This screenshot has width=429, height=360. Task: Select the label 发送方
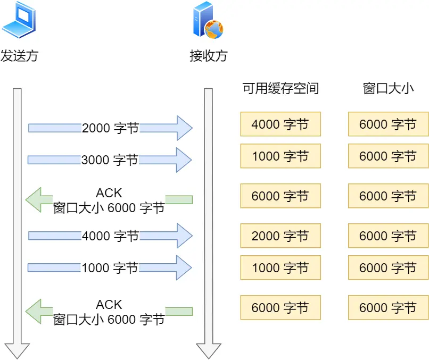[x=19, y=56]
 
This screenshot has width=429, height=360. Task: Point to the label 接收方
[x=208, y=56]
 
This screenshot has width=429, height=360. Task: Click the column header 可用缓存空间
[x=280, y=88]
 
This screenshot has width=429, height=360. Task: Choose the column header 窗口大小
[x=388, y=88]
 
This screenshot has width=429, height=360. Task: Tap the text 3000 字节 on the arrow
[x=110, y=160]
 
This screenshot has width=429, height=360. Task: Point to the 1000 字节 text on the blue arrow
[x=110, y=267]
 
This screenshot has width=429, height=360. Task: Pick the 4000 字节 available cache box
[x=280, y=124]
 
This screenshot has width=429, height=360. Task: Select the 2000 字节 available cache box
[x=280, y=236]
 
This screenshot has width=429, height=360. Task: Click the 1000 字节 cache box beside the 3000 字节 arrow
[x=280, y=156]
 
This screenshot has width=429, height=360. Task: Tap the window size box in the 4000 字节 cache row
[x=388, y=124]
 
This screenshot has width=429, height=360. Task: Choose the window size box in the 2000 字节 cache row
[x=388, y=236]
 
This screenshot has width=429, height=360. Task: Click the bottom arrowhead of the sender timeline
[x=17, y=351]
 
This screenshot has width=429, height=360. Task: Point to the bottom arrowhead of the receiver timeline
[x=208, y=351]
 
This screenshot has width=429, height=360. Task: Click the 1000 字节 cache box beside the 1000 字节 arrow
[x=280, y=267]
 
